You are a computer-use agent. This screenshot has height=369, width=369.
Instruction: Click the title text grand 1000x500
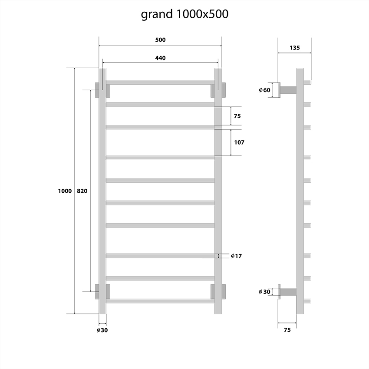coord(184,14)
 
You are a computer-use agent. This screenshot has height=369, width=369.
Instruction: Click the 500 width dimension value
coord(160,40)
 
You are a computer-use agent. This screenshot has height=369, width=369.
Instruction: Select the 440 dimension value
coord(160,58)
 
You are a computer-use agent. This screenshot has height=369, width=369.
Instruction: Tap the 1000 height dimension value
coord(64,191)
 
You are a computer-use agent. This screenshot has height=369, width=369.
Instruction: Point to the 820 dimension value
coord(82,191)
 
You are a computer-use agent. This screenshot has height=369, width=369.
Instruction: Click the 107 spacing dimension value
coord(239,142)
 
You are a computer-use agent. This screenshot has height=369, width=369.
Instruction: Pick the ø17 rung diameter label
coord(236,256)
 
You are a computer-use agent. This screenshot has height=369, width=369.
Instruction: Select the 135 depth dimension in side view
coord(294,48)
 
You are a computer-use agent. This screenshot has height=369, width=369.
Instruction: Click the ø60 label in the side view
coord(264,90)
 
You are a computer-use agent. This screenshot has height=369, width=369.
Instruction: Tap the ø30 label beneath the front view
coord(102,330)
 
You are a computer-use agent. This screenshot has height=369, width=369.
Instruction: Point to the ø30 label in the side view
coord(264,291)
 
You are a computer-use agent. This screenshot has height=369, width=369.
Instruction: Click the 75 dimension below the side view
coord(287,330)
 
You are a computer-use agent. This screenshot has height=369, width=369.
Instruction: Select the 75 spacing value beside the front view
coord(237,116)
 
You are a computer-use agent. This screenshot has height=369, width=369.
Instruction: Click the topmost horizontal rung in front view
coord(160,82)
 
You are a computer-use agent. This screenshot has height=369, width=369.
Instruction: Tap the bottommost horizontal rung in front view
coord(160,300)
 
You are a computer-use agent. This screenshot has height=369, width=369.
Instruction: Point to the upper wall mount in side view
coord(287,90)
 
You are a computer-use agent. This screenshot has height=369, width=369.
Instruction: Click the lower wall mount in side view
coord(287,291)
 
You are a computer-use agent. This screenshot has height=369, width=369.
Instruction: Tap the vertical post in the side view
coord(300,191)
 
